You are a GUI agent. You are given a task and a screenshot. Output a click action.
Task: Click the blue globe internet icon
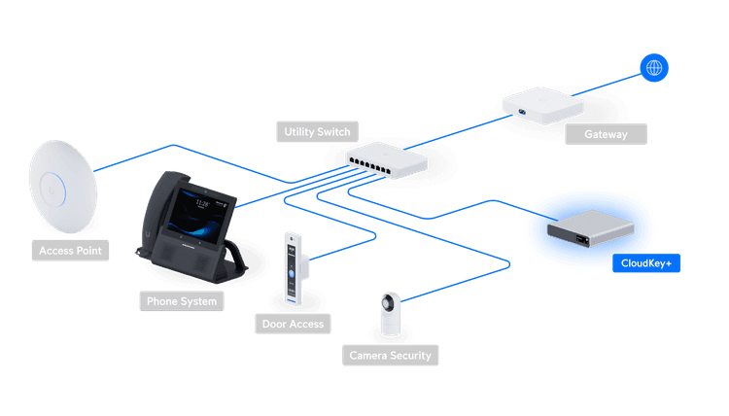click(x=654, y=68)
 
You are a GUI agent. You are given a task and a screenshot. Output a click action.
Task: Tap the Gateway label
click(x=606, y=134)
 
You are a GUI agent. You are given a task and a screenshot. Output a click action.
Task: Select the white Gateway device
click(x=542, y=106)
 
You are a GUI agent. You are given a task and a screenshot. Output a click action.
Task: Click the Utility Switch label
click(x=317, y=132)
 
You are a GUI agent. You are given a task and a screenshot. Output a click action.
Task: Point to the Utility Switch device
click(x=386, y=160)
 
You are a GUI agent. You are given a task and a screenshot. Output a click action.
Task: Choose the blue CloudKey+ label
click(x=646, y=263)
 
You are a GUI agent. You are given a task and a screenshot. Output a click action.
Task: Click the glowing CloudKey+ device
click(x=590, y=228)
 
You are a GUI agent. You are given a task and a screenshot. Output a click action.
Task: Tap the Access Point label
click(x=70, y=251)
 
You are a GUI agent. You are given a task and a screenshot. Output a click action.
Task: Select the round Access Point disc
click(x=63, y=187)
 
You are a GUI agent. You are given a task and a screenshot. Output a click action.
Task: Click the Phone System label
click(x=182, y=301)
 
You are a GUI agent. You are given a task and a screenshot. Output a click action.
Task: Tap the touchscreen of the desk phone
click(x=201, y=216)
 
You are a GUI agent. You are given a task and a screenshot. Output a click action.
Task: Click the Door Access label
click(x=293, y=324)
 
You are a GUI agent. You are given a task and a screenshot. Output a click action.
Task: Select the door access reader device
click(x=294, y=269)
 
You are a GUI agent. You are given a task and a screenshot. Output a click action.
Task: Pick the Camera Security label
click(x=390, y=356)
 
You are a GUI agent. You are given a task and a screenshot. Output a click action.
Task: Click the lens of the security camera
click(x=388, y=304)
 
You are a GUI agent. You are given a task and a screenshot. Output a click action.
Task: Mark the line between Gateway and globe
click(x=607, y=85)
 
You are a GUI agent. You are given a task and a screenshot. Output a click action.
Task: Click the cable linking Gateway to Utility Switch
click(x=458, y=132)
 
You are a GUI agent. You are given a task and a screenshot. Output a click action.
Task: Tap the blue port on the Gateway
click(x=522, y=112)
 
